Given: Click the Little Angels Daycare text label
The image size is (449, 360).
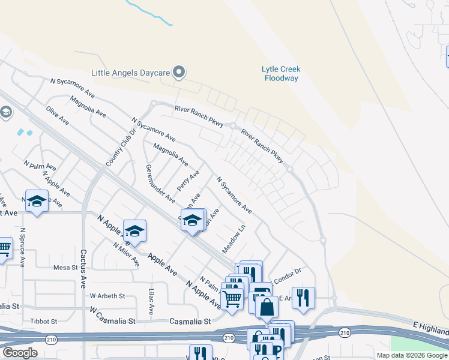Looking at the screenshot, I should tap(130, 73).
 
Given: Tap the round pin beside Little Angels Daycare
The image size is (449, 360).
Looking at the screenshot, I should tap(179, 73).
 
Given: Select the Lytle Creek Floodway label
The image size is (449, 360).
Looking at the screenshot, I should tap(281, 74).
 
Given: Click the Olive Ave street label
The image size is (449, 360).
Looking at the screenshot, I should tap(58, 115).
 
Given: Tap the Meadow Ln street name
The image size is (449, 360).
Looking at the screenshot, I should tap(234, 238).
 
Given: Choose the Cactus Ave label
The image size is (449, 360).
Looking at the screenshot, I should tap(83, 268).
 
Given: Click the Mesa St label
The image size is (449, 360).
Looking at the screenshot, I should tap(66, 268).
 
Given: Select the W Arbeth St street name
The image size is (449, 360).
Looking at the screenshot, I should tap(107, 296).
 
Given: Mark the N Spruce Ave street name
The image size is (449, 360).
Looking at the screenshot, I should tap(22, 247).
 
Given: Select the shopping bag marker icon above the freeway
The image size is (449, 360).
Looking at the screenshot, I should tap(267, 307).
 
